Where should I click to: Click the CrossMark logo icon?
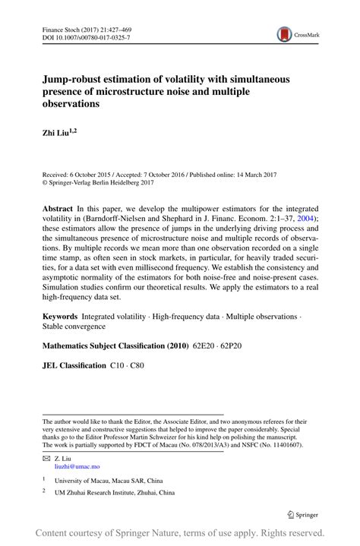(284, 34)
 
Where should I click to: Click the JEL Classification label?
(74, 365)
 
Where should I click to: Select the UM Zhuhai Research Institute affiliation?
(114, 493)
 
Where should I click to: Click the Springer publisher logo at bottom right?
(302, 515)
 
